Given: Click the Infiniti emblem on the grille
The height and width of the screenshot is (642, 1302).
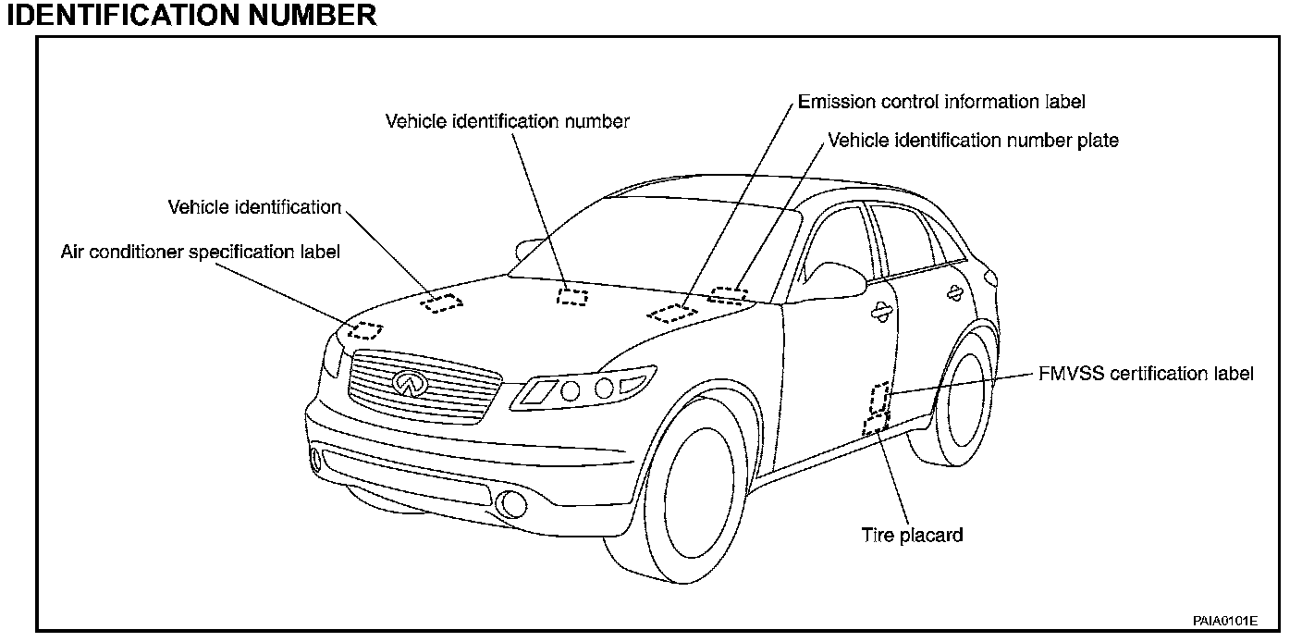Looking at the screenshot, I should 407,382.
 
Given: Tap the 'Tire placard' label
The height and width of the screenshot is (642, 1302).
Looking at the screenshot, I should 912,535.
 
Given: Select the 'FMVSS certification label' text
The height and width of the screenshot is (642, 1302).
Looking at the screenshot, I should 1142,374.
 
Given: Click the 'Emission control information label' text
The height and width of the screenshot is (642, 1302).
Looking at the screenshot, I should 941,102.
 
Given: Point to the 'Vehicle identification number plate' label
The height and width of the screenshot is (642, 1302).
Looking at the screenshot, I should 973,141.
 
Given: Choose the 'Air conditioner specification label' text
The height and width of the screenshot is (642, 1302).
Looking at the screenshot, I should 201,252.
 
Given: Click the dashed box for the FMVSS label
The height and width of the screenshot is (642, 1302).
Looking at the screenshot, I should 879,397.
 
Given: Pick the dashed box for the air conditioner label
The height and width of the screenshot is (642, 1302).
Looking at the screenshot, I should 365,330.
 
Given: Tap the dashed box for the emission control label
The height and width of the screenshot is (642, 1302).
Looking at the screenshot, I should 673,312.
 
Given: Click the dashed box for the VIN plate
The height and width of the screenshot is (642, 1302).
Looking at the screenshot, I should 729,295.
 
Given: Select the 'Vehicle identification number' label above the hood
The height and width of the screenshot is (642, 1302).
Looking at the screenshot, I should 508,121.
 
